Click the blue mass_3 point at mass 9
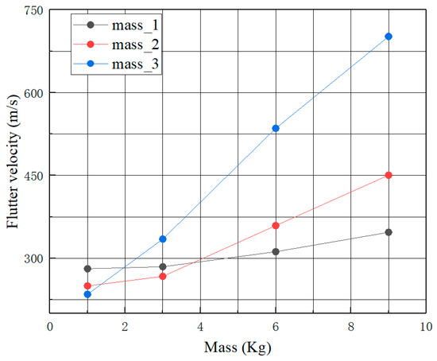point(389,37)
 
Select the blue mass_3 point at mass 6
point(276,128)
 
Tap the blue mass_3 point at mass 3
point(163,239)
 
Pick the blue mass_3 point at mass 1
point(87,294)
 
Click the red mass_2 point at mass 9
point(389,175)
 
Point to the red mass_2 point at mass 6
point(276,226)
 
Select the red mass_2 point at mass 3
point(163,276)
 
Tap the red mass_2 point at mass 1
point(87,286)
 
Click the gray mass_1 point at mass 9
point(389,232)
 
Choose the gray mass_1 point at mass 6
point(276,251)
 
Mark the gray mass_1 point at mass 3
point(163,266)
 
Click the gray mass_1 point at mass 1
point(87,269)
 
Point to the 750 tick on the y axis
point(32,10)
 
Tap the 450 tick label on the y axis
point(32,176)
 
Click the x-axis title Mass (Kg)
point(238,347)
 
